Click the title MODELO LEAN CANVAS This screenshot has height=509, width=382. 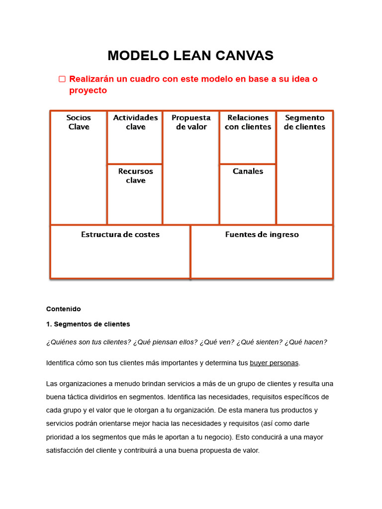[191, 56]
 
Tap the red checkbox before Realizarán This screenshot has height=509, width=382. [62, 79]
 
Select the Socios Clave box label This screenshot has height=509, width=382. [79, 122]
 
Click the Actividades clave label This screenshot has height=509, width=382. [135, 122]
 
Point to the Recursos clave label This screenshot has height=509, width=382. [135, 176]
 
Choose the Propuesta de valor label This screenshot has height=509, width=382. [191, 122]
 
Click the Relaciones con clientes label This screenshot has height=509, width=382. [248, 122]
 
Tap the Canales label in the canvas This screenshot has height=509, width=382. [248, 171]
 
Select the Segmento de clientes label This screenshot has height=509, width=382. [304, 122]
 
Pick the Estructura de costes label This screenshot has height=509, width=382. [120, 235]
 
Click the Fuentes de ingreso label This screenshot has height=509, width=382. [262, 235]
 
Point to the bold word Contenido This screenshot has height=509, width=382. [63, 309]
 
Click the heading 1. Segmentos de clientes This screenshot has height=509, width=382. [88, 324]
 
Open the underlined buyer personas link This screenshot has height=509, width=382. [274, 363]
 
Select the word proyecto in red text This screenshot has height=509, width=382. [88, 91]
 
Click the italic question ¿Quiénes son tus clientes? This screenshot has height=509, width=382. [89, 342]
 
